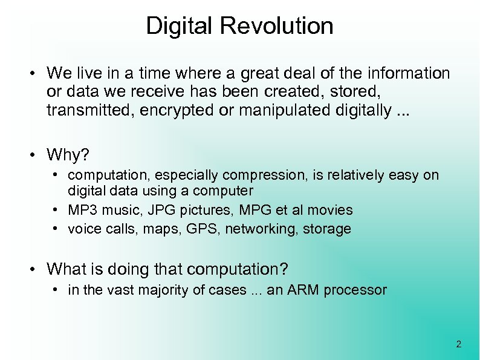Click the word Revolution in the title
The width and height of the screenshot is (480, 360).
(277, 26)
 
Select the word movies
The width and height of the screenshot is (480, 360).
(329, 211)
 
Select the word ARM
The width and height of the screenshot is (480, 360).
(302, 290)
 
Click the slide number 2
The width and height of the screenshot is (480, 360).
(458, 345)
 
